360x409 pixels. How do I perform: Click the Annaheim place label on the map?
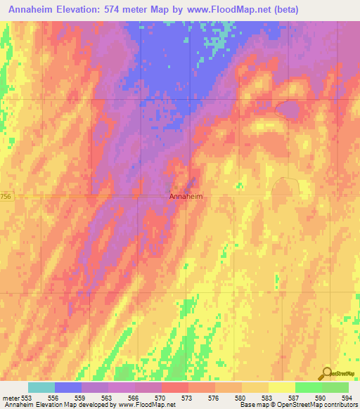(x=186, y=197)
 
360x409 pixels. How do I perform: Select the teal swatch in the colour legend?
(x=41, y=387)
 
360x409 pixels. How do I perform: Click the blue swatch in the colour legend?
(x=68, y=387)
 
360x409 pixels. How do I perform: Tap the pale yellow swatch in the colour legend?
(x=282, y=387)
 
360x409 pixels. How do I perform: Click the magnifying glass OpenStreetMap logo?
(x=328, y=373)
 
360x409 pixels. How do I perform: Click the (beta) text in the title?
(x=281, y=10)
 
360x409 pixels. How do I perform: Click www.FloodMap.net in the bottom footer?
(x=150, y=405)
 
